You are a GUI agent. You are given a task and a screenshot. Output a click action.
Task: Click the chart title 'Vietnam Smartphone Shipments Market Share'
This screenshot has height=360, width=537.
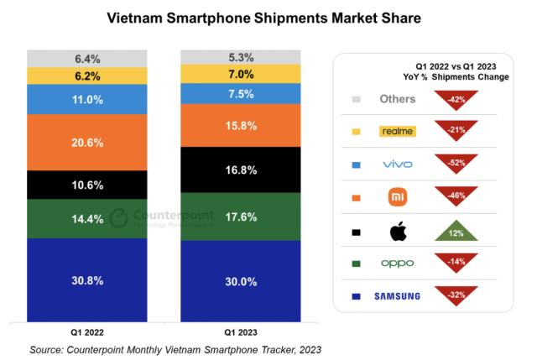coord(268,17)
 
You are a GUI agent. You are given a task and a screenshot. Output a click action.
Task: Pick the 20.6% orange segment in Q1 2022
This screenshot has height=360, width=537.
coord(87,143)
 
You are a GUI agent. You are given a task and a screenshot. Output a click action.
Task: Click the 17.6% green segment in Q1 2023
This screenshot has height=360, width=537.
coord(241,216)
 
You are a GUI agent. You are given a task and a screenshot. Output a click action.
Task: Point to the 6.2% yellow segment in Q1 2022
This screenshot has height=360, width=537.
coord(87,76)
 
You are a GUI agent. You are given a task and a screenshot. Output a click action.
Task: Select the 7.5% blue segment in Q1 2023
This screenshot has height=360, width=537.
coord(241,94)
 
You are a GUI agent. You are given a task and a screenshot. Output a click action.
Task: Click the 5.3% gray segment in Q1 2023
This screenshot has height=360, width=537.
coord(241,58)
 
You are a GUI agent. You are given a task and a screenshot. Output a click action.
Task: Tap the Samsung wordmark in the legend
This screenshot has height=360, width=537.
coord(397,296)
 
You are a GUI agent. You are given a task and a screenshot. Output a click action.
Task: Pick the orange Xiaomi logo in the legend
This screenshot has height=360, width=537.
coord(397,197)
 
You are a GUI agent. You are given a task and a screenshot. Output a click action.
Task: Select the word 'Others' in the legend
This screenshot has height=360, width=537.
coord(397,99)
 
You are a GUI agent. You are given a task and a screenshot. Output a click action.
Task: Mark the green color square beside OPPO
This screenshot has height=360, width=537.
coord(356,263)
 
